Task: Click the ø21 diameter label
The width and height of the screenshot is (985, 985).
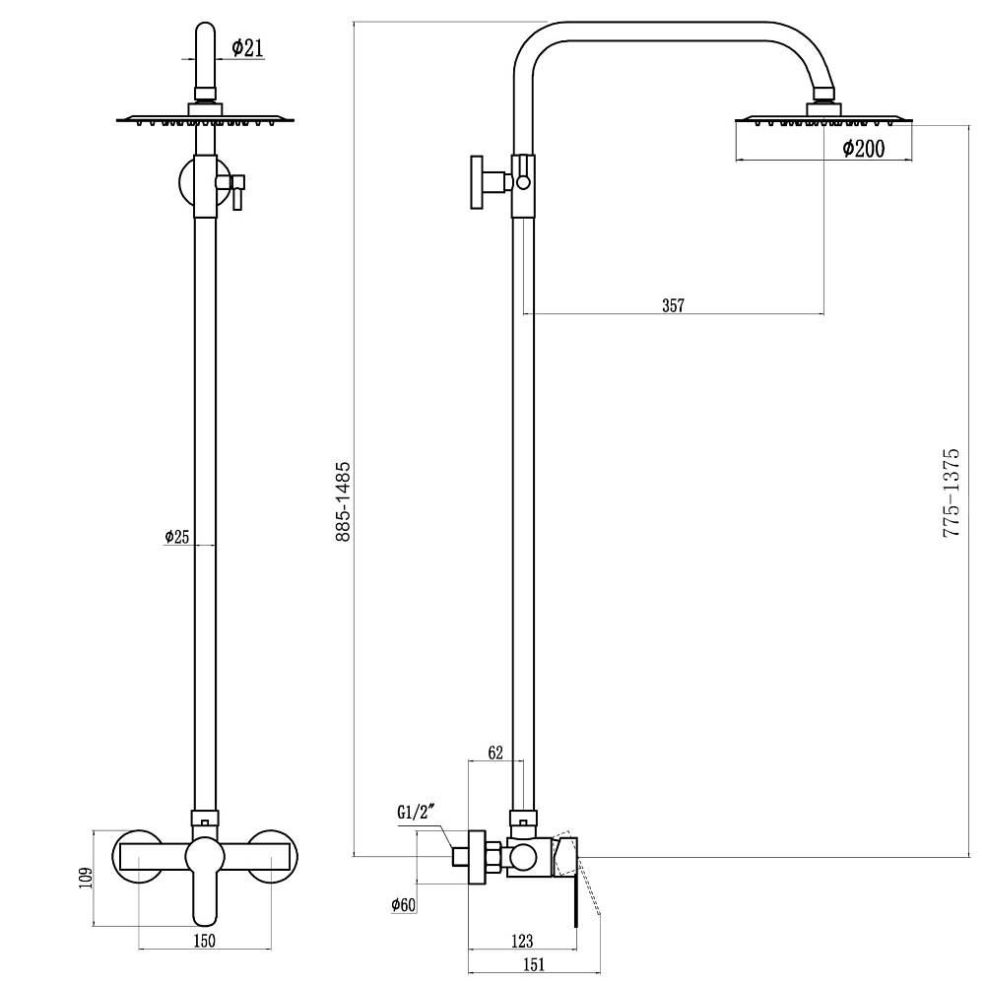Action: tap(247, 47)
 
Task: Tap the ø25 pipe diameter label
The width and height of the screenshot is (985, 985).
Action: tap(176, 537)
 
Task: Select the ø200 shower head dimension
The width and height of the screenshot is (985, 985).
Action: tap(863, 149)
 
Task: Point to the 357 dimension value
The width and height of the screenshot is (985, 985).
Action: tap(673, 305)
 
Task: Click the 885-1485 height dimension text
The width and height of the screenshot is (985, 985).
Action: tap(343, 501)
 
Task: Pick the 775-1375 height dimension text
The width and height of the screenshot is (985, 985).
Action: tap(952, 492)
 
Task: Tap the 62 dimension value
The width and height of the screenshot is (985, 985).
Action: tap(495, 752)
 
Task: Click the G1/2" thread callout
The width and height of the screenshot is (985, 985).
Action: tap(416, 813)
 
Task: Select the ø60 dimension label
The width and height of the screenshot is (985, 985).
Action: tap(403, 904)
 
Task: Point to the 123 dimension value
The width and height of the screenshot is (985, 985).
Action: tap(522, 941)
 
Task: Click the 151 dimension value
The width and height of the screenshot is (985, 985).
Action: tap(533, 963)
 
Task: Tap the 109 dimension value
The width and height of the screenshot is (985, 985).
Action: tap(86, 878)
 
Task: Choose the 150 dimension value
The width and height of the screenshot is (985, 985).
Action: tap(205, 941)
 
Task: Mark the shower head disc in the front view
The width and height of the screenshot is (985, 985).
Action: tap(206, 119)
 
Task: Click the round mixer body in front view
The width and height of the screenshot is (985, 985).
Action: tap(205, 856)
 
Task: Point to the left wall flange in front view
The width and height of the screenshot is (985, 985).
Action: tap(138, 857)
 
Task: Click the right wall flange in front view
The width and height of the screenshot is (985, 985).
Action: tap(272, 857)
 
